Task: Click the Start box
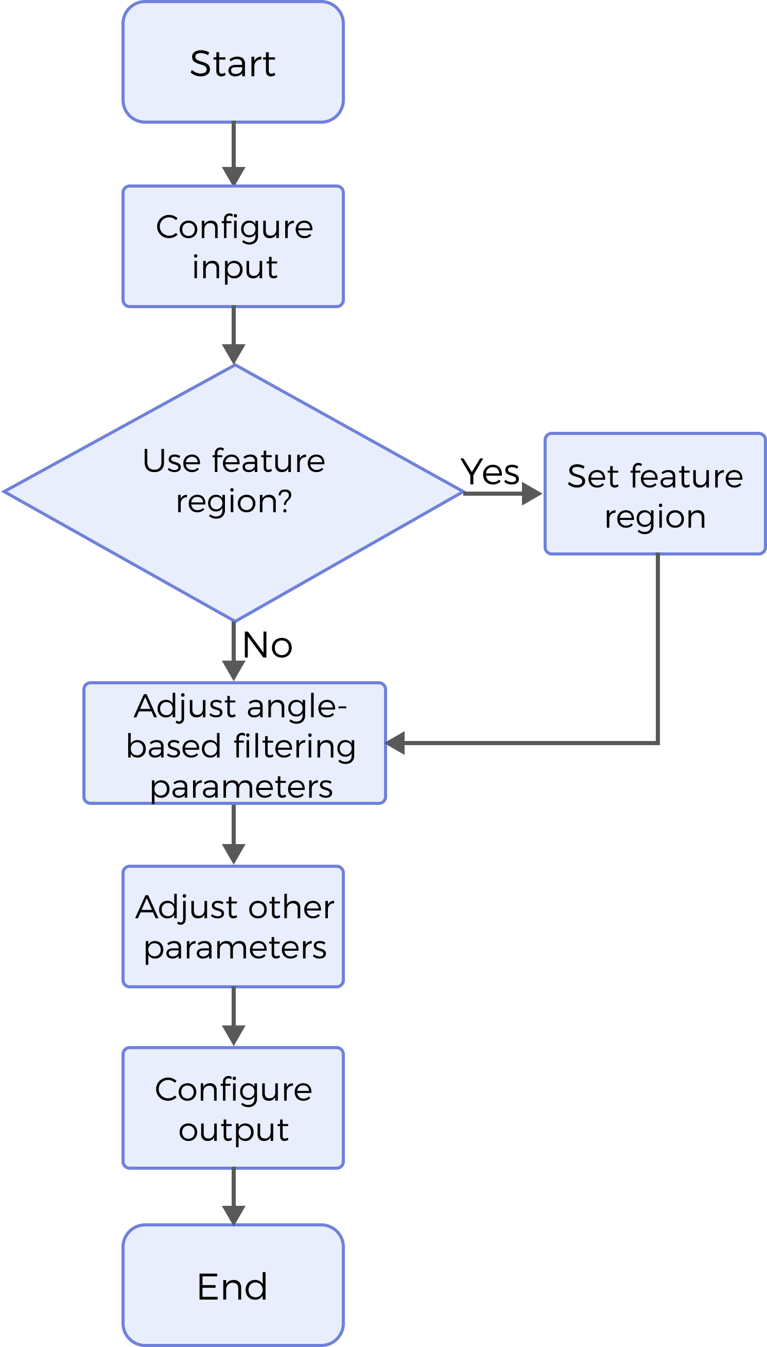coord(233,62)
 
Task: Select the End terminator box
coord(233,1285)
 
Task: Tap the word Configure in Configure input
coord(234,228)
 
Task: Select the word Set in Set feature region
coord(592,477)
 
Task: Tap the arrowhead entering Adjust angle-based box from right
coord(396,743)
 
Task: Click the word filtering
coord(294,747)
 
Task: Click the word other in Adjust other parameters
coord(291,908)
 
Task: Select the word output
coord(233,1129)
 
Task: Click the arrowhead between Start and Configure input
coord(233,176)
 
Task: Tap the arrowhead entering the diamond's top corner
coord(233,353)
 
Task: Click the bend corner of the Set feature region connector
coord(658,743)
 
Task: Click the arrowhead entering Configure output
coord(233,1036)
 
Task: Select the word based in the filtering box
coord(173,747)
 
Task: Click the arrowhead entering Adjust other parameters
coord(233,854)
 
